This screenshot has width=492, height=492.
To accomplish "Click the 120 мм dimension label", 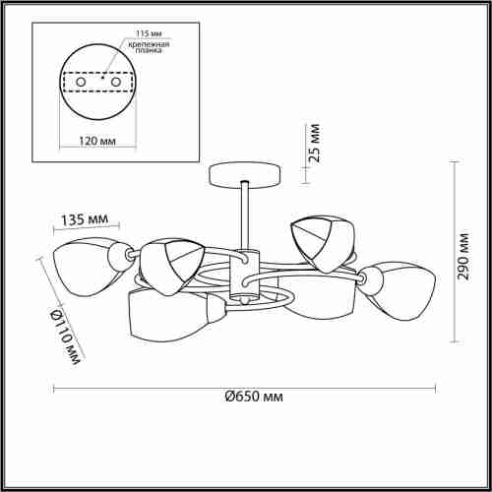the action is click(x=97, y=141).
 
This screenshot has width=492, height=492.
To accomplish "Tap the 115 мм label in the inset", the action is click(x=149, y=33).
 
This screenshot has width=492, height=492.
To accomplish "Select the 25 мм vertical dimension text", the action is click(x=314, y=143).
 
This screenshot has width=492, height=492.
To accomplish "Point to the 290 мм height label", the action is click(x=462, y=257).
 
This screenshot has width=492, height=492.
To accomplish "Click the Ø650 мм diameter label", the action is click(x=254, y=397).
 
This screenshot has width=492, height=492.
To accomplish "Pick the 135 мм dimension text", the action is click(x=85, y=219).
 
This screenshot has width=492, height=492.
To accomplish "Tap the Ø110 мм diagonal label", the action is click(x=65, y=338).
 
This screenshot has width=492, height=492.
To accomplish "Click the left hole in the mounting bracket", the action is click(x=81, y=82).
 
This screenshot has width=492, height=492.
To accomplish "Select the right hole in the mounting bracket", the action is click(x=116, y=82).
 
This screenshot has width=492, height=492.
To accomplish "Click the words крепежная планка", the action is click(x=149, y=47).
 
